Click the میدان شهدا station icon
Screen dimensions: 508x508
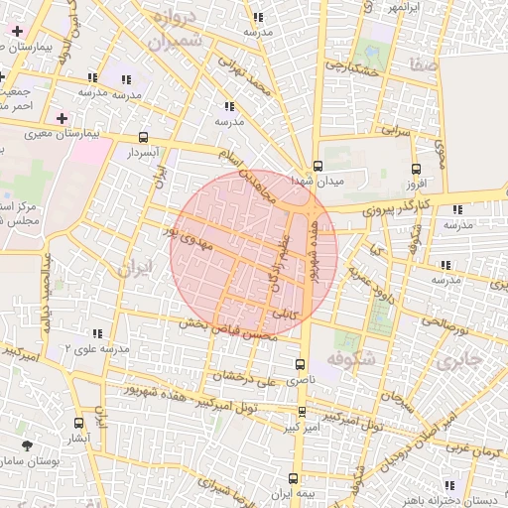(x=317, y=167)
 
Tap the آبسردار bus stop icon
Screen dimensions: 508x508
(x=145, y=138)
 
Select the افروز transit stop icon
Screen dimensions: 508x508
(x=416, y=168)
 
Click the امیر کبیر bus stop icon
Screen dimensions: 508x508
(x=303, y=412)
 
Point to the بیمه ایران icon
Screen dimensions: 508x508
(x=279, y=493)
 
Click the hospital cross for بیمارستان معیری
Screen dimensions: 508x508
(x=62, y=118)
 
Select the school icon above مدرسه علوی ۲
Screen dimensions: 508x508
(x=96, y=334)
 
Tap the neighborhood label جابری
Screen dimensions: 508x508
(x=462, y=357)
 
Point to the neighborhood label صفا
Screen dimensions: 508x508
(x=419, y=66)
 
